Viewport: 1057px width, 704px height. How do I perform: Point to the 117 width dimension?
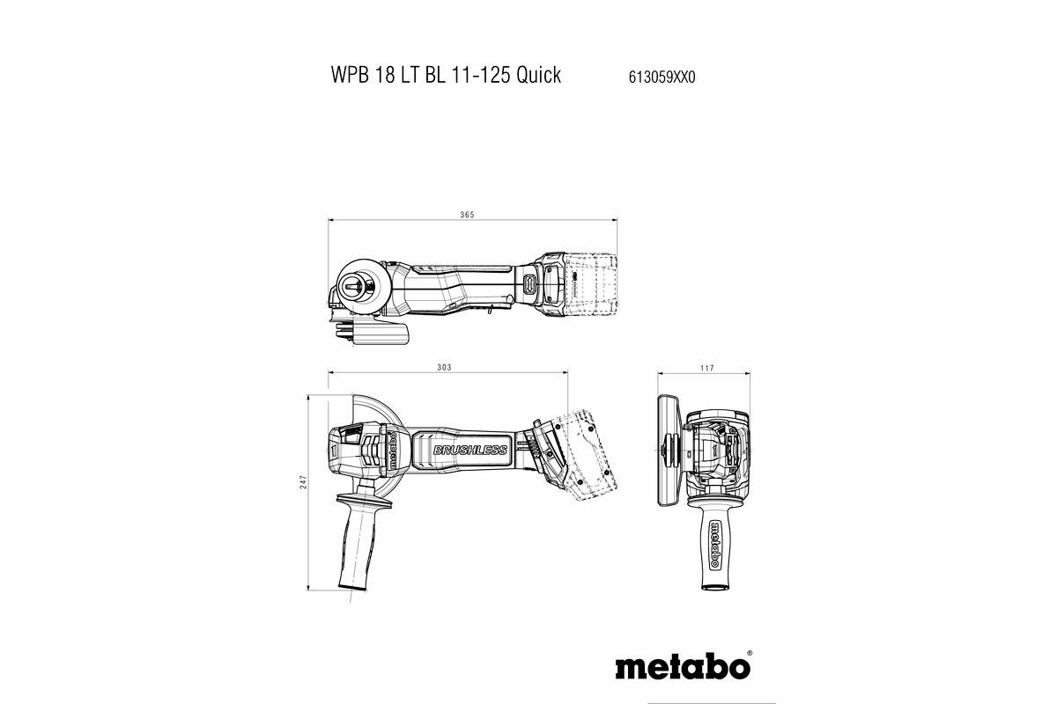point(706,367)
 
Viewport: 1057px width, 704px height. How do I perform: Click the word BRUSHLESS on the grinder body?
point(470,451)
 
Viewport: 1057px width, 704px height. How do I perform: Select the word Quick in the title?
point(539,76)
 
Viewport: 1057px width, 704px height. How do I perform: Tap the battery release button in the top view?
point(531,284)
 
